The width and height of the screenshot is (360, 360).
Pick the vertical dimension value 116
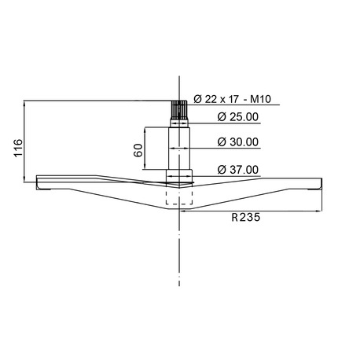[x=18, y=148]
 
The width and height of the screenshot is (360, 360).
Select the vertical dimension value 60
[x=139, y=152]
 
